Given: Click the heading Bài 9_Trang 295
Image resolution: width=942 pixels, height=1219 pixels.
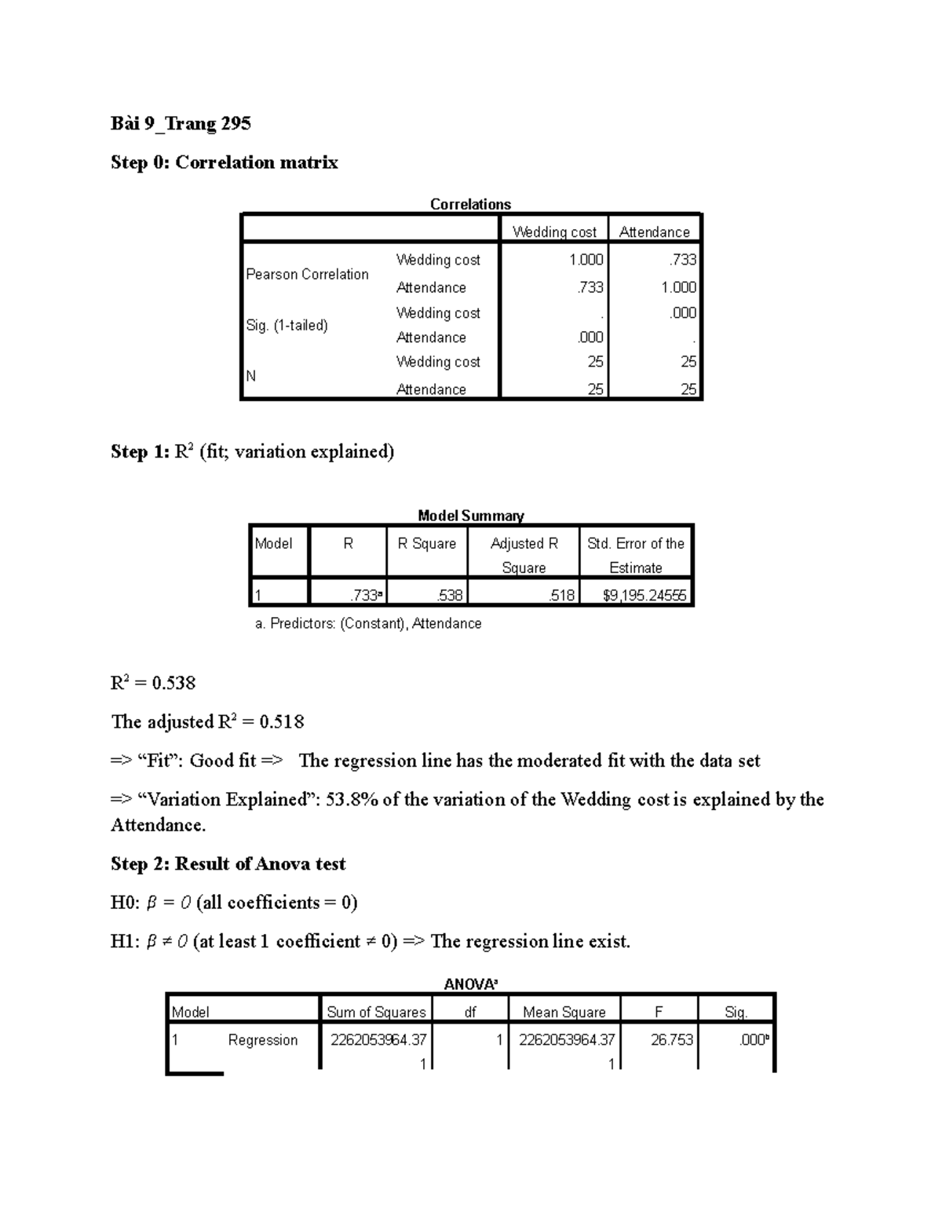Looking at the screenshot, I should pos(181,123).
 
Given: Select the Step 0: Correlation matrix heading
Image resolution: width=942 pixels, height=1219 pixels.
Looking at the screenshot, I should pos(225,162).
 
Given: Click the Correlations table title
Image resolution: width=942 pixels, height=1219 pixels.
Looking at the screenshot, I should pos(470,204).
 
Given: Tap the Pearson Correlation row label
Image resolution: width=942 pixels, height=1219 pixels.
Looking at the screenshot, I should pos(307,274).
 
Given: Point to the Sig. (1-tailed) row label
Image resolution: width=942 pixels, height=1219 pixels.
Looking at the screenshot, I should pos(287,325).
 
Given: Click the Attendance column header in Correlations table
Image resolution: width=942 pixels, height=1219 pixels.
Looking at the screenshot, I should pos(654,232).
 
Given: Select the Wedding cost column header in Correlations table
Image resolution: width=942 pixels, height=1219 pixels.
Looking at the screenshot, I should pos(554,232).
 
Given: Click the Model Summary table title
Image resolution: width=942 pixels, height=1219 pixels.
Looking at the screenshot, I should pos(470,516).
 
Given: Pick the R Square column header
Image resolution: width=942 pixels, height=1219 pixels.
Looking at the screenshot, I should pos(426,543).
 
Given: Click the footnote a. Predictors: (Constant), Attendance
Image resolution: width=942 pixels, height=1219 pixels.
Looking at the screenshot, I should pos(368,623).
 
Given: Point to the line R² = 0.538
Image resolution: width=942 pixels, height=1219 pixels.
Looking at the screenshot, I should pos(153,683).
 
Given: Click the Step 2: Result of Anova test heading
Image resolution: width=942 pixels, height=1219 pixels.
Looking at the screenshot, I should pos(228,864).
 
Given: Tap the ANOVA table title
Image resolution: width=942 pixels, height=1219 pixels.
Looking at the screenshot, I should pos(470,984).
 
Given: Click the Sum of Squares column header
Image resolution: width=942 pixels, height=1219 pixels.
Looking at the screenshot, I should pos(376,1012).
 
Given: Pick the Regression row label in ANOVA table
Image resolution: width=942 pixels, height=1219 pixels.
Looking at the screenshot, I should pos(262,1040).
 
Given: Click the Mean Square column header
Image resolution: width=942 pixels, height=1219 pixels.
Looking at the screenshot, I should pos(564,1012).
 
